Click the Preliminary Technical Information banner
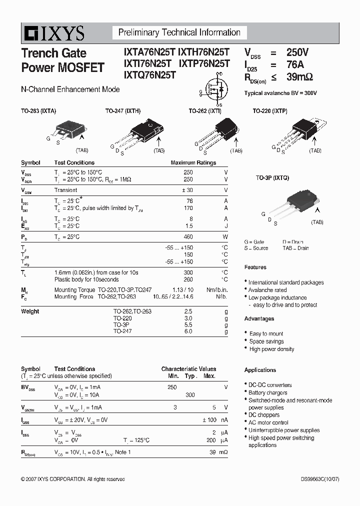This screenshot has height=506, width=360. (179, 33)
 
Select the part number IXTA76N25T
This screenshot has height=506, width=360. (148, 52)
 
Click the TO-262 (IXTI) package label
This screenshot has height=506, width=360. (204, 111)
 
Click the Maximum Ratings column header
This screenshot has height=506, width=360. (193, 163)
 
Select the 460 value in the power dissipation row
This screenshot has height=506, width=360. (188, 237)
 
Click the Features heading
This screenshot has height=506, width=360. (255, 267)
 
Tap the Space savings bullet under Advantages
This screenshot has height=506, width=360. (266, 341)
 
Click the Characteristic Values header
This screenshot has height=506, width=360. (188, 369)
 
